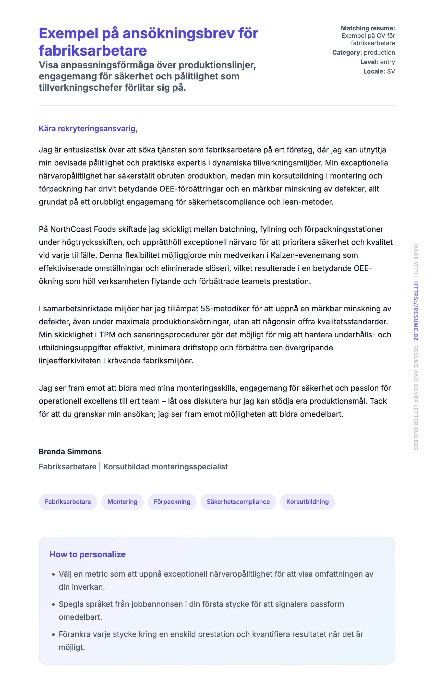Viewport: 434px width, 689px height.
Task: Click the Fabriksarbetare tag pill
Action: click(68, 502)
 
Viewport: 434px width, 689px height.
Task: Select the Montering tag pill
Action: click(122, 502)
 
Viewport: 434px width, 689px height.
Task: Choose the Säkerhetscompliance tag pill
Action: click(238, 502)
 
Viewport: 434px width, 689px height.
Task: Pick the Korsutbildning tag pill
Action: click(307, 502)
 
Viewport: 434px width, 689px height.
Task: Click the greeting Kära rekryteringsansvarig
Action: click(88, 128)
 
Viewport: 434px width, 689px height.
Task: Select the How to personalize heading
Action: click(88, 554)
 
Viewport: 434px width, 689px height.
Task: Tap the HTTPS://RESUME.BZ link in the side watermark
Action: click(416, 311)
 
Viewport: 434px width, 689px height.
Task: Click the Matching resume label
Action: click(368, 28)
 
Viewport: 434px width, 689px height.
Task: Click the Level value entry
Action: click(387, 62)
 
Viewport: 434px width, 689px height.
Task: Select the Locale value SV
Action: click(391, 72)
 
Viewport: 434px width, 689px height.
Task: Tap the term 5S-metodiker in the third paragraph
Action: click(225, 309)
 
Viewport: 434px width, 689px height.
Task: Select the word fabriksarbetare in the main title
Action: click(93, 51)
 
